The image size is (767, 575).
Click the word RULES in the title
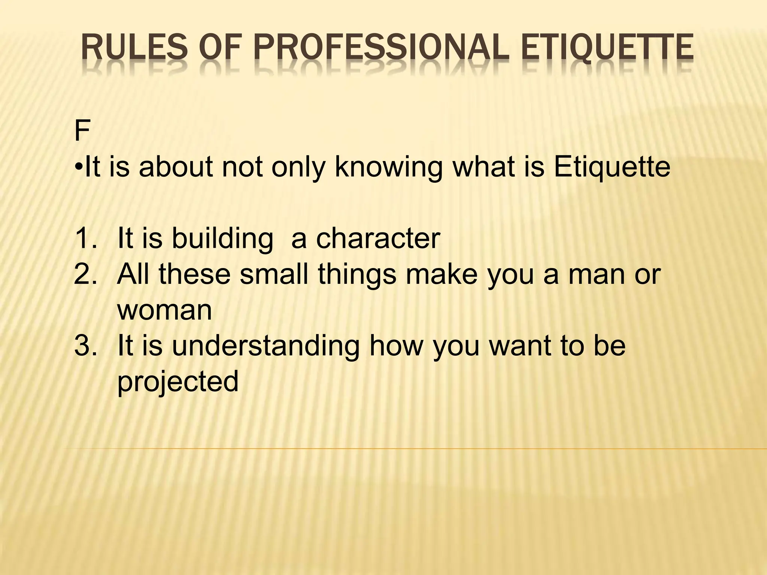click(134, 48)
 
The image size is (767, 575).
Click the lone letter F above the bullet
click(82, 131)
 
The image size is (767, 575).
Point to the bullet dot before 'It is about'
click(78, 167)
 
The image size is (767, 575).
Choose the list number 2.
click(86, 274)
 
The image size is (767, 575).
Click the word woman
click(164, 310)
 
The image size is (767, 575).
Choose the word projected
click(178, 382)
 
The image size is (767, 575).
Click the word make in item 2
click(442, 274)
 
